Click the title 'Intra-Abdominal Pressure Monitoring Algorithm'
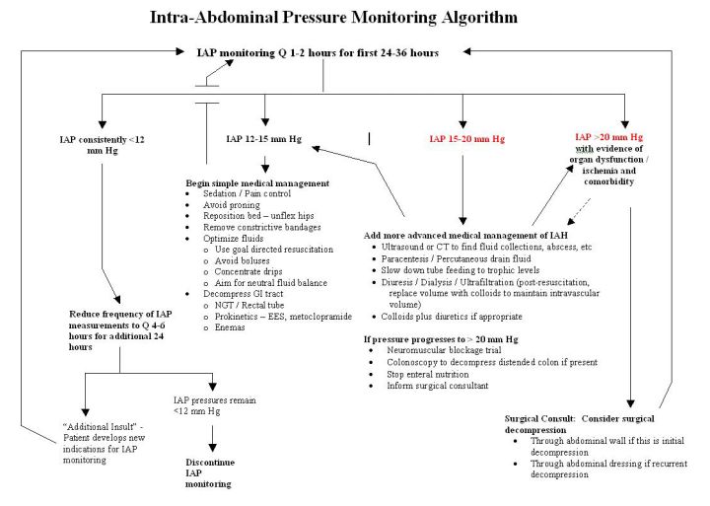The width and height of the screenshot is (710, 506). pyautogui.click(x=333, y=17)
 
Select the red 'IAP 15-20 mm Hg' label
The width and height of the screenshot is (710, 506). pyautogui.click(x=466, y=139)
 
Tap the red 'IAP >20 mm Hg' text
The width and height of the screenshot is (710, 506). pyautogui.click(x=609, y=137)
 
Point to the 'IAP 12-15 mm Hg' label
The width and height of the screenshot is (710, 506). pyautogui.click(x=263, y=139)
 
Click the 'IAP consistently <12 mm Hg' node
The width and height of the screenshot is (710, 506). pyautogui.click(x=103, y=145)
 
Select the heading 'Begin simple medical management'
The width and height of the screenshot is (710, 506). pyautogui.click(x=257, y=183)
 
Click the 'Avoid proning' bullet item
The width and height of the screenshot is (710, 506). pyautogui.click(x=232, y=205)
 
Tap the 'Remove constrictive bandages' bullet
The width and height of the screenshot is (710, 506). pyautogui.click(x=261, y=227)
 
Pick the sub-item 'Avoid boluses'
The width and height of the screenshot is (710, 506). pyautogui.click(x=242, y=260)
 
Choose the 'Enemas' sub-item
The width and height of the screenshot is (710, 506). pyautogui.click(x=230, y=327)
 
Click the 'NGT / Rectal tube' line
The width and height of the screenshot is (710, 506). pyautogui.click(x=249, y=305)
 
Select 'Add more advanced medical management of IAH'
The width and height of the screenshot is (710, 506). pyautogui.click(x=465, y=235)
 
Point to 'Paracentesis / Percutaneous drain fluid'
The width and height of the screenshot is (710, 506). pyautogui.click(x=456, y=258)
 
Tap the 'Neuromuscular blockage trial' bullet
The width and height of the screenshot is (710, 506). pyautogui.click(x=444, y=350)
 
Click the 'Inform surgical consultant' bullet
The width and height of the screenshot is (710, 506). pyautogui.click(x=438, y=386)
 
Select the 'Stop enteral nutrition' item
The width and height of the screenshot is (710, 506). pyautogui.click(x=427, y=374)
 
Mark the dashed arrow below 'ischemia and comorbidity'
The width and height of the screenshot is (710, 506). pyautogui.click(x=579, y=211)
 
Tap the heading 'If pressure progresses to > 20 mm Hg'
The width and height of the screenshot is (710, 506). pyautogui.click(x=441, y=339)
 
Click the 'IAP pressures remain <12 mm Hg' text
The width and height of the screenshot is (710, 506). pyautogui.click(x=215, y=405)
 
